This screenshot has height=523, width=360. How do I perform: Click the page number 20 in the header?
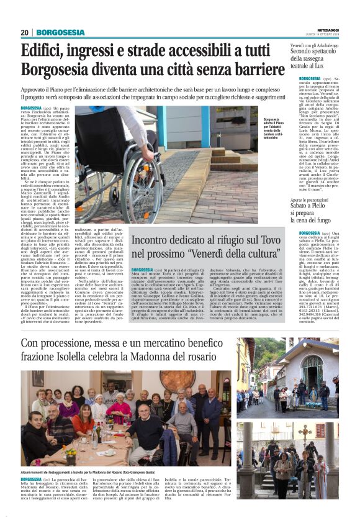25,32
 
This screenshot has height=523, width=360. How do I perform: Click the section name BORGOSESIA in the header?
60,32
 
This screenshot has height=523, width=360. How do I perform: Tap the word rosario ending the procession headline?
220,360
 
